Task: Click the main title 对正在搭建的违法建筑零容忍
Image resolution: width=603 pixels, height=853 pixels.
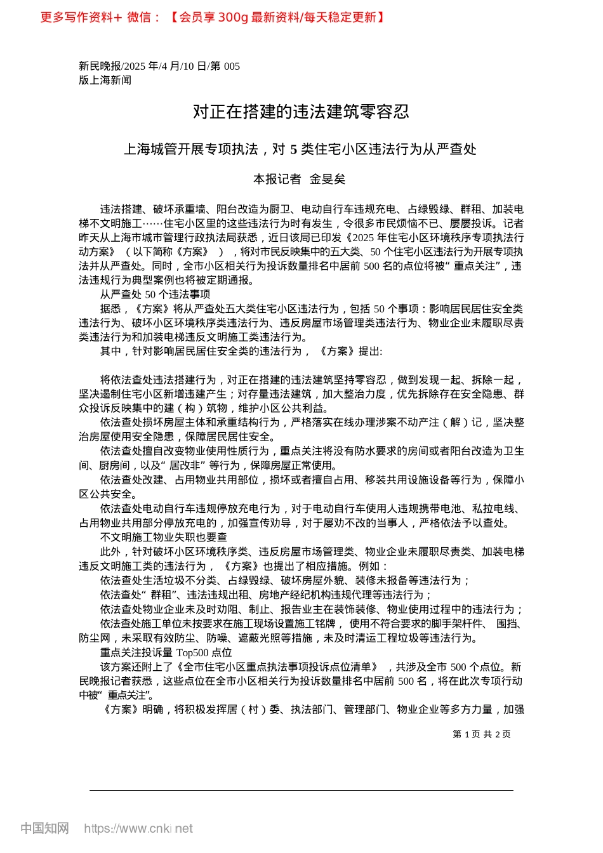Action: [301, 112]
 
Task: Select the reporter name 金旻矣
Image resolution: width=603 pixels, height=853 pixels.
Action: [328, 180]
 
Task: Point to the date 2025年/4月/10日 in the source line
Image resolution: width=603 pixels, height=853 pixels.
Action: [165, 66]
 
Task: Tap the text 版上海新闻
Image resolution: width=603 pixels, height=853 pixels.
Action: [105, 80]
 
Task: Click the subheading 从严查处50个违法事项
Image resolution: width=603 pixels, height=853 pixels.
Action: [155, 294]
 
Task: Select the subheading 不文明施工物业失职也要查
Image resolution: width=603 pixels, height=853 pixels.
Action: [163, 538]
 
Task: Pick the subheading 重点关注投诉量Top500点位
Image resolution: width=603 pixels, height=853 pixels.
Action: [166, 652]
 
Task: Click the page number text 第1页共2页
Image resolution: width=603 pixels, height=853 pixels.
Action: [481, 734]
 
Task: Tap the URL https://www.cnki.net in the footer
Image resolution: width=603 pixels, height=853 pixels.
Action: [138, 828]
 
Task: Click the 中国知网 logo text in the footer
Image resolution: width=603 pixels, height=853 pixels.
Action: [44, 828]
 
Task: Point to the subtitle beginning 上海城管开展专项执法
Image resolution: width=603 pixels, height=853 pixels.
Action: [300, 150]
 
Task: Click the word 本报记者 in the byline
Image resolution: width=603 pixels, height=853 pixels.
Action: [277, 180]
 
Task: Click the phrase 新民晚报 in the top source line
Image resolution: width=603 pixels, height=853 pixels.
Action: [100, 66]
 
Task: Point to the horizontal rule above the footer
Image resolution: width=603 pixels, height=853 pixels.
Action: [301, 790]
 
